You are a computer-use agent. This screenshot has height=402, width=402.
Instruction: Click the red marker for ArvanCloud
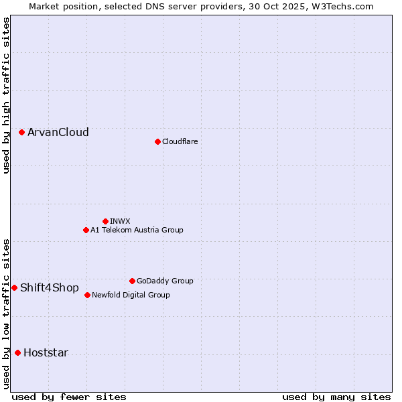(22, 133)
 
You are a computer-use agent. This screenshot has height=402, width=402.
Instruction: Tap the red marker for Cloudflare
(157, 141)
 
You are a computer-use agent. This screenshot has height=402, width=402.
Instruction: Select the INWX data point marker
(105, 221)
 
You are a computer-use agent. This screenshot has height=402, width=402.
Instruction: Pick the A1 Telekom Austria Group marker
(86, 230)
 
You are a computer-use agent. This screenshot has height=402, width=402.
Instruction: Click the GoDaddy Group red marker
(132, 281)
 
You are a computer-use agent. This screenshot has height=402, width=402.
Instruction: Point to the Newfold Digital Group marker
(87, 295)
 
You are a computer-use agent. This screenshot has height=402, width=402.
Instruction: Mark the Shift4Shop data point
(14, 287)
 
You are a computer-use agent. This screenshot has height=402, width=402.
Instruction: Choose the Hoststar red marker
(17, 352)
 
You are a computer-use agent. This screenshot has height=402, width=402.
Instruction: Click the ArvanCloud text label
(58, 133)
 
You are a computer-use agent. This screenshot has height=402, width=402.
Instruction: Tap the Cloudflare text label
(180, 141)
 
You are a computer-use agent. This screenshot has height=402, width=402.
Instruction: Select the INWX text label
(120, 221)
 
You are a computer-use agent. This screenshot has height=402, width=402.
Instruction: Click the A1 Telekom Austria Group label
(137, 230)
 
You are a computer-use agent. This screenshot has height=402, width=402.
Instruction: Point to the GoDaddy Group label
(165, 281)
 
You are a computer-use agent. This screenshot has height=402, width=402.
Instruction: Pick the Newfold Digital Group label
(131, 295)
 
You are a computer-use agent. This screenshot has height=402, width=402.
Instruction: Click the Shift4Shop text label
(50, 287)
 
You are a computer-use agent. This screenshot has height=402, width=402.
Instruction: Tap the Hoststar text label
(46, 353)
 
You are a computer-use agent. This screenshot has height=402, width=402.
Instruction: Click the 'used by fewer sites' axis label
(69, 397)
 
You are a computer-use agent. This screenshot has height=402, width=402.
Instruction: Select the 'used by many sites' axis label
(336, 397)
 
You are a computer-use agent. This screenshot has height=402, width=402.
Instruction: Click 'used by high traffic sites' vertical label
(6, 95)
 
